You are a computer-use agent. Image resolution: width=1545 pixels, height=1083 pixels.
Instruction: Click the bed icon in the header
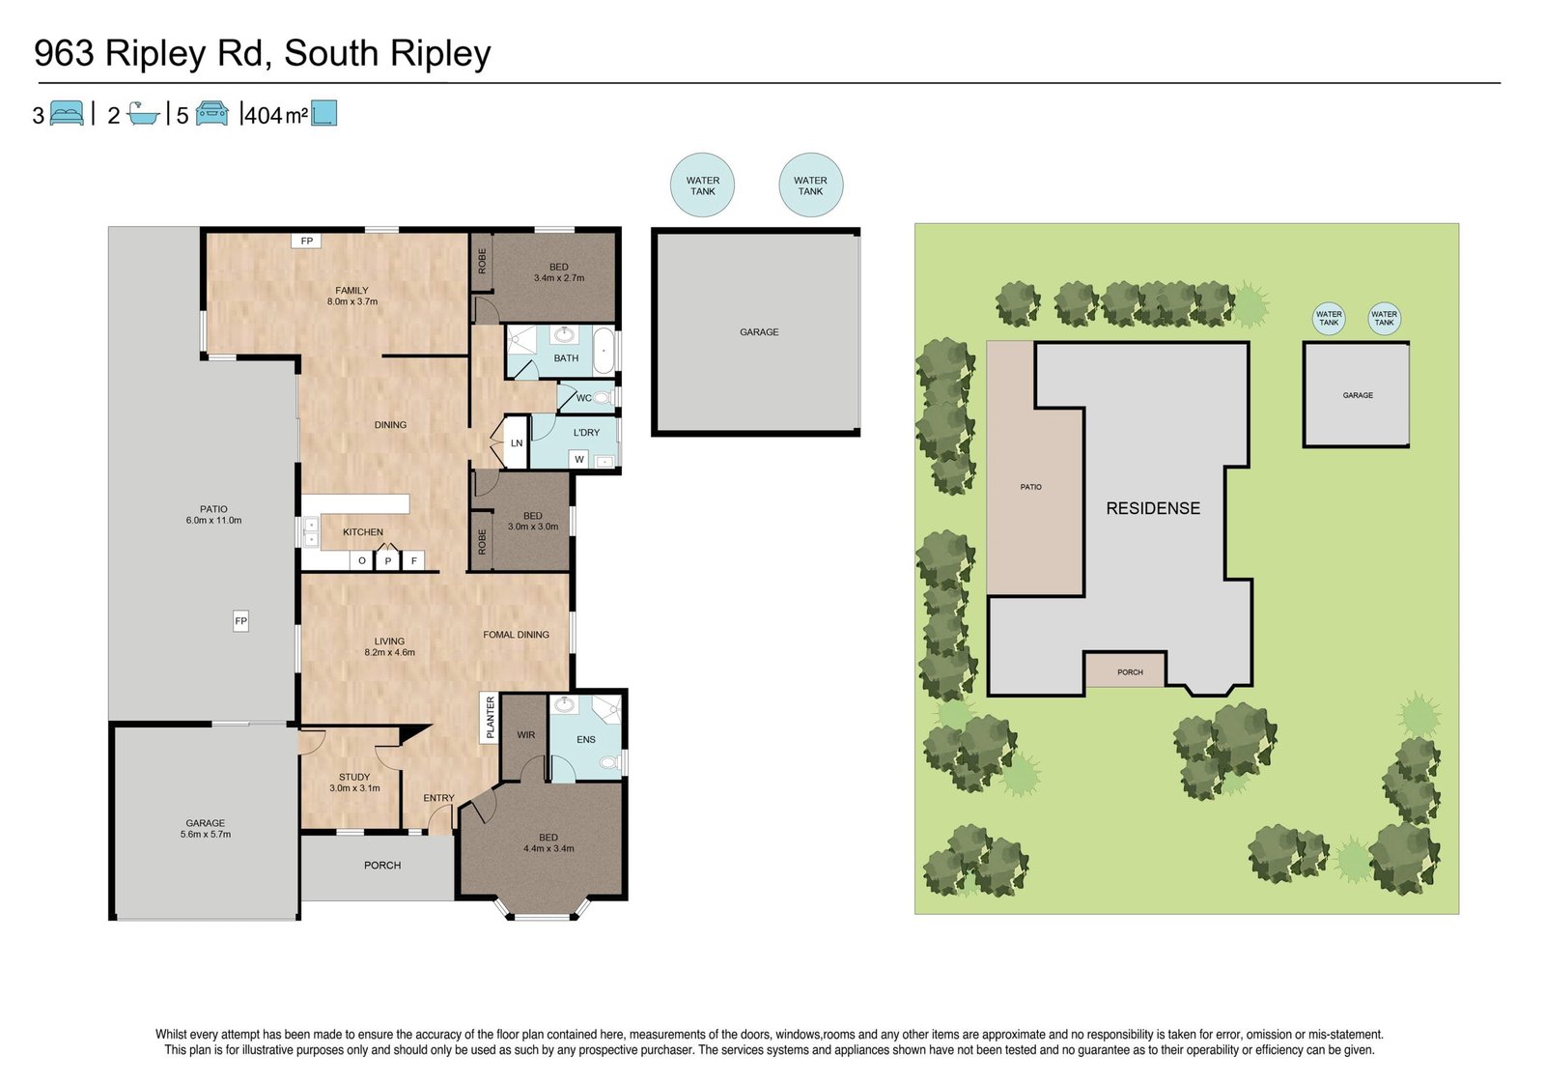point(67,113)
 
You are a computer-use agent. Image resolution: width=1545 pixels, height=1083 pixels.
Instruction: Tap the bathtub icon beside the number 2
point(144,113)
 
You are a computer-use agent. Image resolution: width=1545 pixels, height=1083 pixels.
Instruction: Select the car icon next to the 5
point(211,113)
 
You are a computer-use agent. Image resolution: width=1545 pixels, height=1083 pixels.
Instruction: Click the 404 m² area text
point(276,115)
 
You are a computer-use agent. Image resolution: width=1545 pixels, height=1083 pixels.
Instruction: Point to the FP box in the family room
point(306,241)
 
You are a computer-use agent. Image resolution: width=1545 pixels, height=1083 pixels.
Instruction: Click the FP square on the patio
point(240,621)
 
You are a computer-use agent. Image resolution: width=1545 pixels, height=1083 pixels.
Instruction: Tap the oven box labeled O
point(361,561)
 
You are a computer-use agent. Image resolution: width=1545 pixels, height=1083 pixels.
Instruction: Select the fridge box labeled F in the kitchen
point(414,561)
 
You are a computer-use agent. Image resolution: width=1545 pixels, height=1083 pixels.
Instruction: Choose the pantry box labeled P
point(387,559)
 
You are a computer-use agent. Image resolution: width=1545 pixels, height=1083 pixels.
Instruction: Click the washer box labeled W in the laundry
point(579,459)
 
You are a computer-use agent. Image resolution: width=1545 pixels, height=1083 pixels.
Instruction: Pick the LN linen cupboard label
point(517,443)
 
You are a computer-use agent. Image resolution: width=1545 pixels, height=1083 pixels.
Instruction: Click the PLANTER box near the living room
point(490,718)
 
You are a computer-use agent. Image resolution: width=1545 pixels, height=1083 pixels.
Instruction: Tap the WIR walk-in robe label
point(525,735)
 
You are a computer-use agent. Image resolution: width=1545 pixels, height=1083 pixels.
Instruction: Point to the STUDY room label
point(354,777)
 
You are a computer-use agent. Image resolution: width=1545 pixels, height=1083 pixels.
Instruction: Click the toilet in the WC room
point(604,398)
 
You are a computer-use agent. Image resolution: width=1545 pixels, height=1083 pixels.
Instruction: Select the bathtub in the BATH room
point(604,352)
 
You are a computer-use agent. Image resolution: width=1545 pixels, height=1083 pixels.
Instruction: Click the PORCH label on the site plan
point(1131,672)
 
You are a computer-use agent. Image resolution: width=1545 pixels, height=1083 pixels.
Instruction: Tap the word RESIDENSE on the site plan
point(1153,509)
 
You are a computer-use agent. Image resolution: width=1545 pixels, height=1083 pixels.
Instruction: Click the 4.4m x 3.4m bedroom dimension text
point(548,849)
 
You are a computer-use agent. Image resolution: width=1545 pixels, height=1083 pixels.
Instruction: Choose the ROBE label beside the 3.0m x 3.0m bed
point(482,542)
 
